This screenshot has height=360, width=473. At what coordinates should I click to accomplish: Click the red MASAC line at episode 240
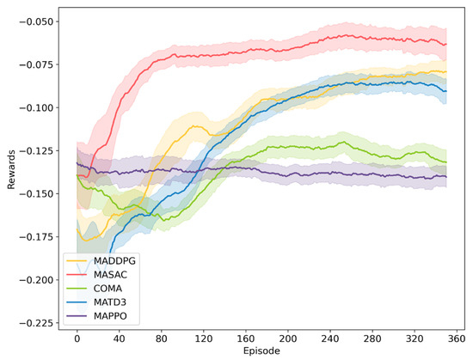[x=330, y=40]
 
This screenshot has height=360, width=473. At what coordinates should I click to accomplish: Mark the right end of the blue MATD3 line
[x=446, y=90]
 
